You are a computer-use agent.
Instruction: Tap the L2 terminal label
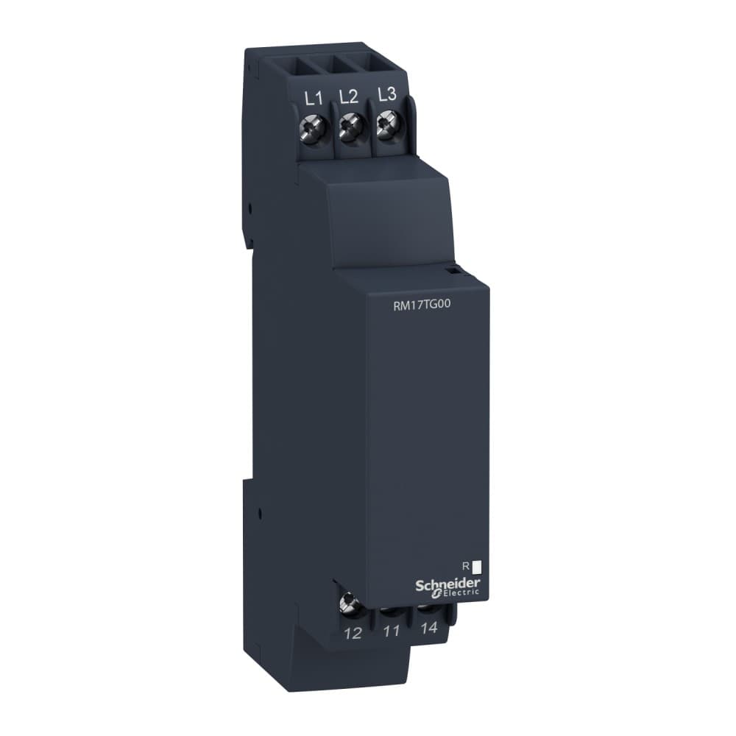pyautogui.click(x=349, y=96)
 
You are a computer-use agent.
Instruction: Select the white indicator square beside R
pyautogui.click(x=476, y=567)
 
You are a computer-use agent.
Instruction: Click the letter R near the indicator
pyautogui.click(x=465, y=567)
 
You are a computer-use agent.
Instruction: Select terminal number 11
pyautogui.click(x=392, y=631)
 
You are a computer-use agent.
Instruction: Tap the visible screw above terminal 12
pyautogui.click(x=347, y=605)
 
